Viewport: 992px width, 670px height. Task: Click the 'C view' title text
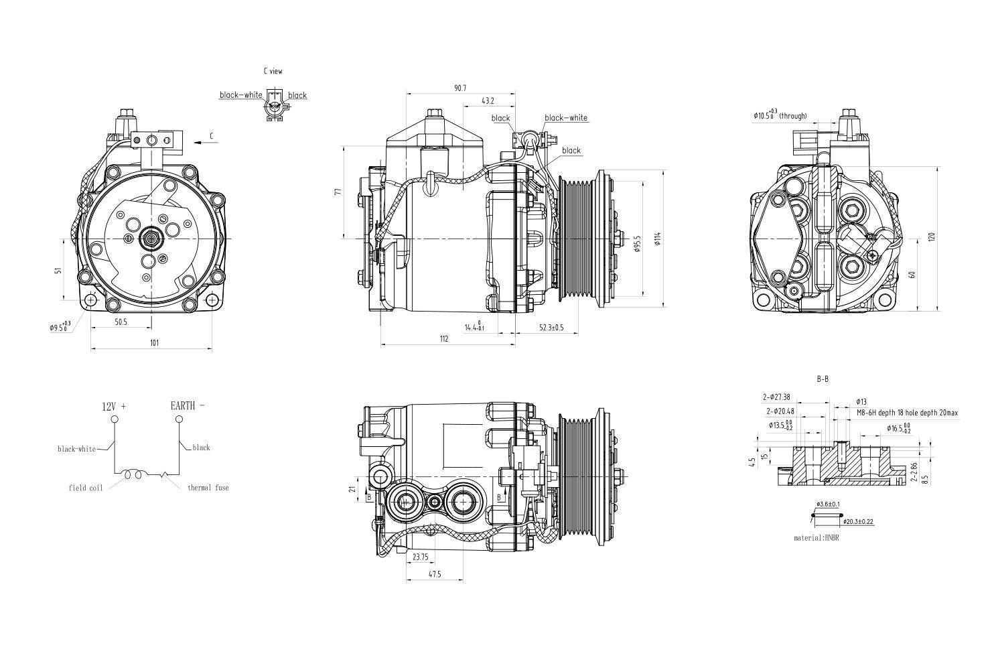273,70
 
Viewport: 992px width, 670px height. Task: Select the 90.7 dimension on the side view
459,88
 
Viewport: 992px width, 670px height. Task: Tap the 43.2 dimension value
488,101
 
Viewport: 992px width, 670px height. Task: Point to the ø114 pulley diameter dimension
658,239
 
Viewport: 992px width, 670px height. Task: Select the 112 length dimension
444,338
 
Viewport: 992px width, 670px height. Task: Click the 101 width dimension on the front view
154,343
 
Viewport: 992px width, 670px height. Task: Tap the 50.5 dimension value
121,322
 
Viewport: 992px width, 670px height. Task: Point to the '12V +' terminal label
114,406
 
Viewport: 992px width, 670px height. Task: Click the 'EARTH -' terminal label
188,405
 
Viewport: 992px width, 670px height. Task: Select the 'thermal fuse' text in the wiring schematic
208,488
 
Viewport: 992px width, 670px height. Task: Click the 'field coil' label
86,488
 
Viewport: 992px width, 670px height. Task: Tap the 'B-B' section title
823,379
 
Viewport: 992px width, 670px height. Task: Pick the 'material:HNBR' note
816,538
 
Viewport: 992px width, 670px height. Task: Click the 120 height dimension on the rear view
931,237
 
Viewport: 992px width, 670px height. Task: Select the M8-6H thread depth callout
907,413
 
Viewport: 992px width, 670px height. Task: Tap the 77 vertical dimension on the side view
339,192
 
